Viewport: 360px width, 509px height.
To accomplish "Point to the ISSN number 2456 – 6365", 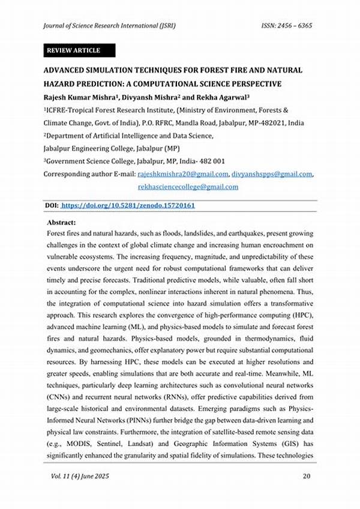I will point(287,26).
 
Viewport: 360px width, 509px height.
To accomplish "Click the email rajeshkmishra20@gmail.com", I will point(183,174).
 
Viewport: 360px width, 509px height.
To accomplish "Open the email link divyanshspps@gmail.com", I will point(272,174).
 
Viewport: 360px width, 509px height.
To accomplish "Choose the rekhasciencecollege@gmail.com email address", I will point(188,187).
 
